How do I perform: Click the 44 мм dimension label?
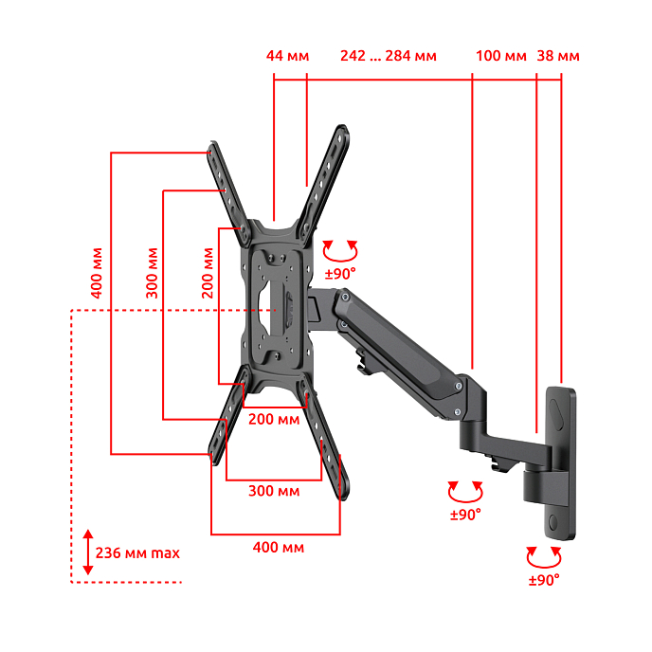[x=287, y=56]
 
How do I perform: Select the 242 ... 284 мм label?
[x=389, y=56]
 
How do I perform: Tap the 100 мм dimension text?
[x=501, y=56]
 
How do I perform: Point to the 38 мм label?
[x=558, y=56]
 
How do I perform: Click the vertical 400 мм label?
[x=97, y=273]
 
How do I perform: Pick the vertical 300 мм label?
[x=153, y=273]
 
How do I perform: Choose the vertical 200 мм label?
[x=208, y=273]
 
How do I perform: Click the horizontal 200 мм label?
[x=274, y=419]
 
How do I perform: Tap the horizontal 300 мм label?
[x=274, y=491]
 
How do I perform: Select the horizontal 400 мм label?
[x=279, y=547]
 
